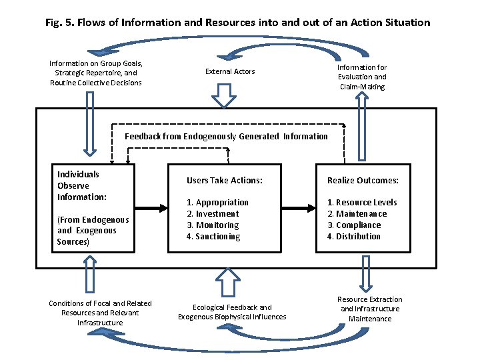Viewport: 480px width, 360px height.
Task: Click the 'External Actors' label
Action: [x=230, y=71]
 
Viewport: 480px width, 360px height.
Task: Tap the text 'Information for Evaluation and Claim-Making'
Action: [x=362, y=77]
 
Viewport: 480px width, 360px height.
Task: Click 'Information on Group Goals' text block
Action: [x=96, y=73]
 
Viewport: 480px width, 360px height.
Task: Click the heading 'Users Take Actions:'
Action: [x=225, y=180]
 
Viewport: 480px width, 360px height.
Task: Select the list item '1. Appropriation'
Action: [x=217, y=202]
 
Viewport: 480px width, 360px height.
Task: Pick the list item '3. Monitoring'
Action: [x=213, y=225]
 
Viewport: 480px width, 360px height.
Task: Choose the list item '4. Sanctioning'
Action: [x=213, y=236]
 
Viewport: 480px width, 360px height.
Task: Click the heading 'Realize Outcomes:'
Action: [x=363, y=180]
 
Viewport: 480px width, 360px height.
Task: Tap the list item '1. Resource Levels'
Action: [x=362, y=202]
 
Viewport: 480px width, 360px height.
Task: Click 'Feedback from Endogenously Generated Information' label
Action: [x=227, y=136]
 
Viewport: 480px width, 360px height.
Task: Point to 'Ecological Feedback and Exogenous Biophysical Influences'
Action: [x=232, y=312]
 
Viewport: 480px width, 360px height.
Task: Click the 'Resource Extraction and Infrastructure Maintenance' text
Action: [x=370, y=309]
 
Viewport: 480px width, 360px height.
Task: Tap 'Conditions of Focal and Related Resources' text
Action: [x=100, y=313]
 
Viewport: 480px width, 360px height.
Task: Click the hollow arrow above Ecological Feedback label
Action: [x=227, y=283]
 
